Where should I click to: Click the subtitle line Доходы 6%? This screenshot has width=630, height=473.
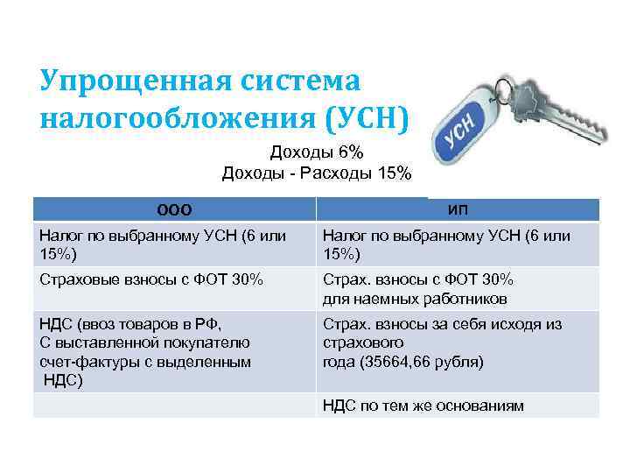(316, 151)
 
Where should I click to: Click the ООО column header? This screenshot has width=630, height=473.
(174, 209)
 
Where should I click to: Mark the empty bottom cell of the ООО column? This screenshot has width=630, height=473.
(174, 405)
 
